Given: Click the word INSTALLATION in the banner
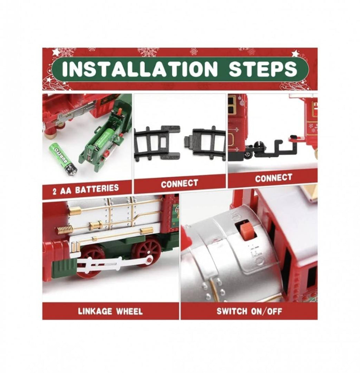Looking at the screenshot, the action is (x=140, y=69).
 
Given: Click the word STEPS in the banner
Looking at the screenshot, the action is (x=263, y=69).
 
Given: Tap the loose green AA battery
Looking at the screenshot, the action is (x=63, y=159).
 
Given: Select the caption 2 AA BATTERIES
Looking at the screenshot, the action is (x=85, y=189).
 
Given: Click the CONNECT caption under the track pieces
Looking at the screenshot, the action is (x=179, y=183).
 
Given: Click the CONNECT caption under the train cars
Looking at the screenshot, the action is (x=274, y=178).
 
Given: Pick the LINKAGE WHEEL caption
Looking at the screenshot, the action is (x=110, y=311).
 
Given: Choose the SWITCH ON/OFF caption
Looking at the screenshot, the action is (x=249, y=311).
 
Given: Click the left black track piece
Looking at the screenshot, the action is (x=157, y=143).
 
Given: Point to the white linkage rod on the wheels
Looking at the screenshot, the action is (x=114, y=263).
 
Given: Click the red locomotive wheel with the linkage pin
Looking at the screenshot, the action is (x=146, y=252).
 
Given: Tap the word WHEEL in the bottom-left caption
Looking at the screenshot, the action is (x=129, y=311).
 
